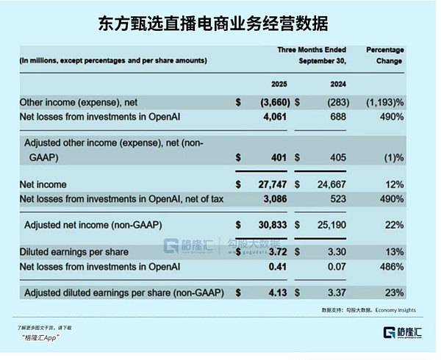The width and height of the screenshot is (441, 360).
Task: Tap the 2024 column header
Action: point(338,84)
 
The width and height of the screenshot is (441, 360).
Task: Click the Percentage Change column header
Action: point(384,55)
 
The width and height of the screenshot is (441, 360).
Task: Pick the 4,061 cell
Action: point(271,116)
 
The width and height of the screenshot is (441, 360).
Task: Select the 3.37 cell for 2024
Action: point(335,292)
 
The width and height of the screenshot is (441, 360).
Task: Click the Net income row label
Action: point(43,184)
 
